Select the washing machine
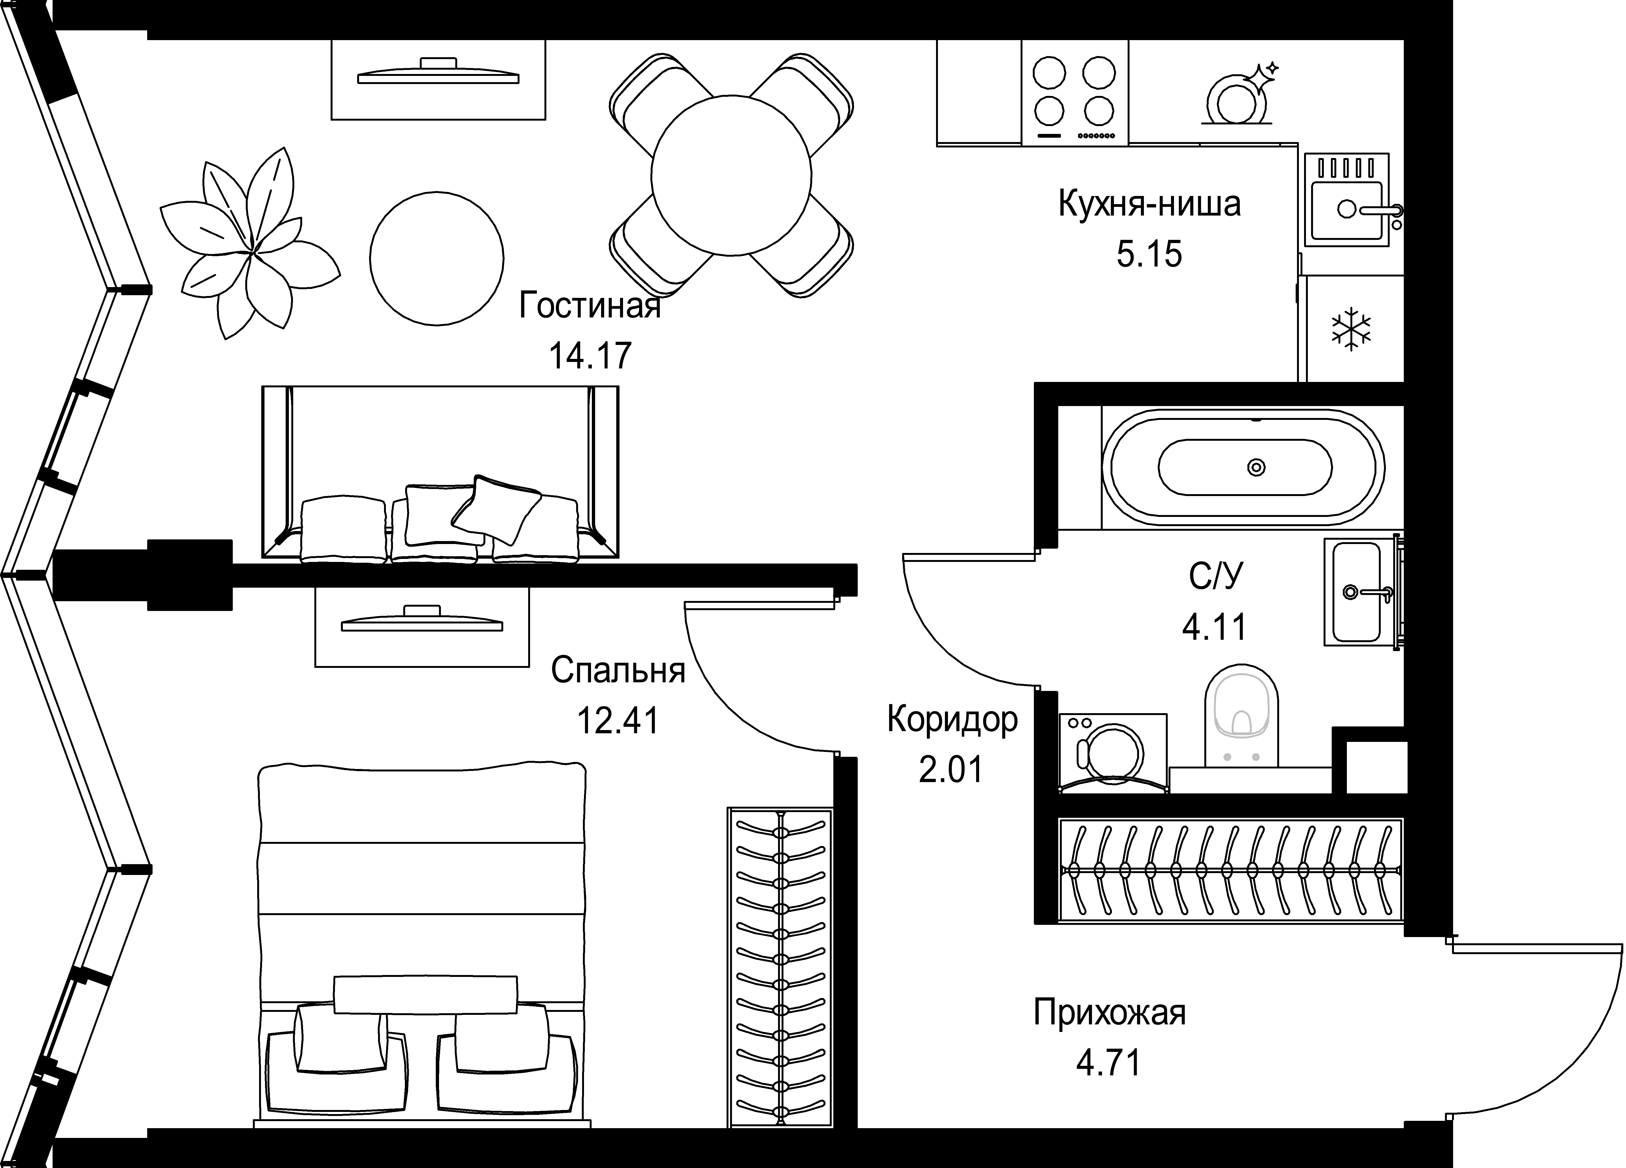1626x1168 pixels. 1113,753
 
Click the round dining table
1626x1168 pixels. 731,176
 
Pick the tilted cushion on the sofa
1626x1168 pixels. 496,509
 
